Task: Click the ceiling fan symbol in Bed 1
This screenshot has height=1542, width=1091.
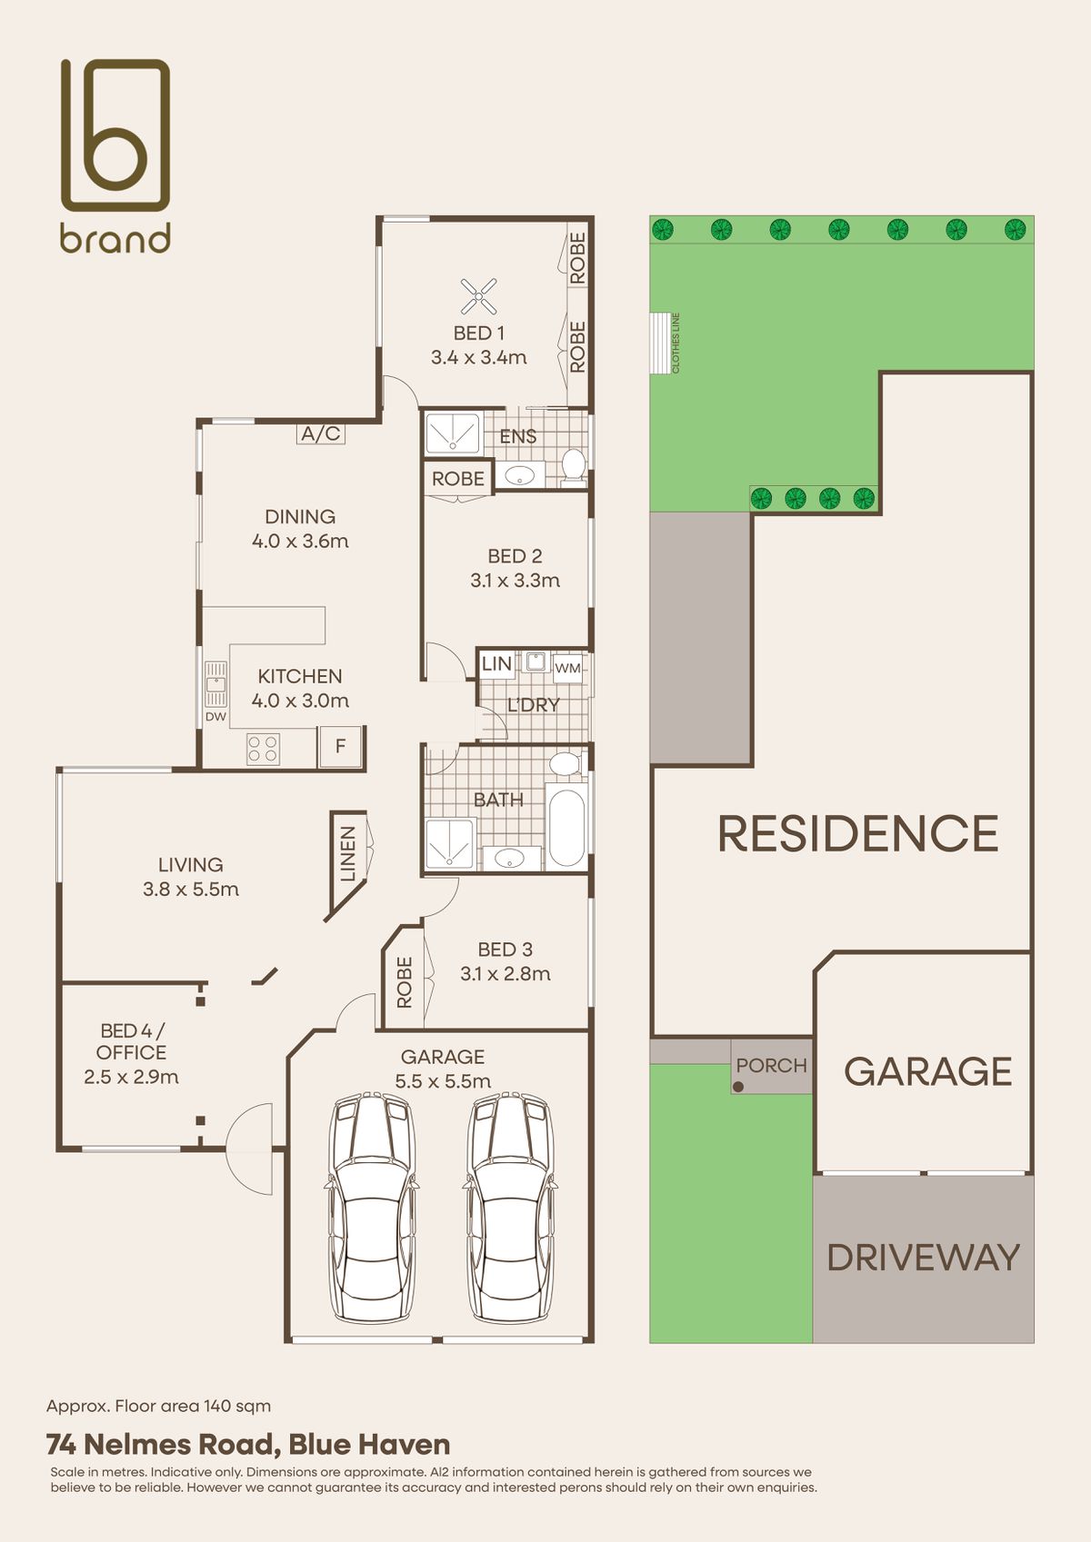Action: [x=479, y=296]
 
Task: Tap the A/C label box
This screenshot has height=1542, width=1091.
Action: [x=321, y=433]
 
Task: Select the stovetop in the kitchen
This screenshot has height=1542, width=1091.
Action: [x=263, y=750]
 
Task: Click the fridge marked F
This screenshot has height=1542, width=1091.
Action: [x=339, y=746]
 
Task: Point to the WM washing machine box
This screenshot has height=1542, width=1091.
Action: [x=567, y=668]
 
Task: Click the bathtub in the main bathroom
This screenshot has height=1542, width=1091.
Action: [x=566, y=828]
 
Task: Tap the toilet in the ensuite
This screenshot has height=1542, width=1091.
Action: [x=573, y=464]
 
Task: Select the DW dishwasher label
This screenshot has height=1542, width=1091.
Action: [x=215, y=717]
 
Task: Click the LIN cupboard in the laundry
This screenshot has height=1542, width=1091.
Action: [x=496, y=663]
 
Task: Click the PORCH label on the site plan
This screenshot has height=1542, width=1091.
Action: [x=771, y=1066]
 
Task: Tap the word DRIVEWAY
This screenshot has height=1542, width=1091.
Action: [x=924, y=1258]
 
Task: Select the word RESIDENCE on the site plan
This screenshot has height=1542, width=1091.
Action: [x=858, y=833]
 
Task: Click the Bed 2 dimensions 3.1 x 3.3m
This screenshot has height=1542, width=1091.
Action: [x=515, y=581]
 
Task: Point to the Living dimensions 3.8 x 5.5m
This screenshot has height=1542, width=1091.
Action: [x=191, y=889]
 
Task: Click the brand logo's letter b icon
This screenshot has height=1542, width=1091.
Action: [x=115, y=134]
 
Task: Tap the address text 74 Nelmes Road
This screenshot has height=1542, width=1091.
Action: [x=163, y=1444]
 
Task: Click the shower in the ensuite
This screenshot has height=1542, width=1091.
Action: [x=453, y=433]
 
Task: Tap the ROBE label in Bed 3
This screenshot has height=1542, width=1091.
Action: [x=405, y=982]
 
